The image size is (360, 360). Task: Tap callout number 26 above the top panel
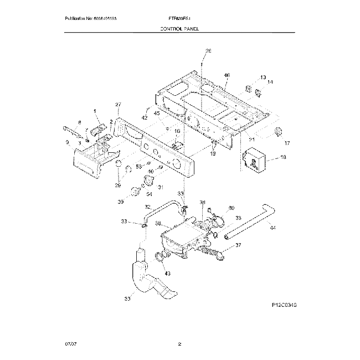[x=208, y=51]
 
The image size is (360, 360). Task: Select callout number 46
[x=227, y=75]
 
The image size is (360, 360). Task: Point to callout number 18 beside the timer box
[x=283, y=158]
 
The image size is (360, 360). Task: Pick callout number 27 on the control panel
[x=118, y=105]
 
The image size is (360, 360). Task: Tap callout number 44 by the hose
[x=272, y=227]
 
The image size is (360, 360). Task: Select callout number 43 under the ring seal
[x=168, y=274]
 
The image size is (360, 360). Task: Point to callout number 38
[x=157, y=224]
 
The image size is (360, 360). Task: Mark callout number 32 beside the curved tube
[x=147, y=207]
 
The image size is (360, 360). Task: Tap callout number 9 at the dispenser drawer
[x=67, y=142]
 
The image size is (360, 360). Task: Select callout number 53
[x=139, y=166]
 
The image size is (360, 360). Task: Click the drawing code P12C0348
[x=284, y=305]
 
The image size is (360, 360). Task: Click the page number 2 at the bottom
[x=179, y=344]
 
